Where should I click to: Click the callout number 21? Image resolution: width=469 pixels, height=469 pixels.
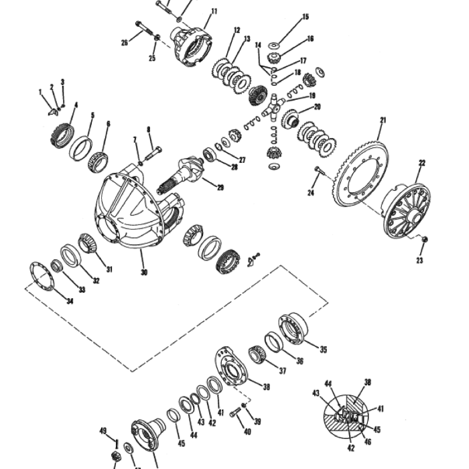click(383, 121)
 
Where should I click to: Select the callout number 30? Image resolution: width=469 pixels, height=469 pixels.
click(143, 273)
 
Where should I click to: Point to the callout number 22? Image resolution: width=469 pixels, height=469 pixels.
click(421, 163)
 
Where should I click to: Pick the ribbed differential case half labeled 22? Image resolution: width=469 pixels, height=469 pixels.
click(407, 211)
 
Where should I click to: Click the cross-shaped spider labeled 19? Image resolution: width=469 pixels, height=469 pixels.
click(275, 107)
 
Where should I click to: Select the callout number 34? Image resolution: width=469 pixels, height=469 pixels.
click(70, 300)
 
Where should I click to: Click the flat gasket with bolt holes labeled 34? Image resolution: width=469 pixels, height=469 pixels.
click(42, 276)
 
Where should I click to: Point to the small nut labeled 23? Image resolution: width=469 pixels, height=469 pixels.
click(424, 239)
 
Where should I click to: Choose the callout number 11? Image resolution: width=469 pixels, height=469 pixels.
click(214, 11)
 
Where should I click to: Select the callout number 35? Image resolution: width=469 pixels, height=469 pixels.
click(324, 349)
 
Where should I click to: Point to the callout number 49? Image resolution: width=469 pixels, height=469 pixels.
click(103, 431)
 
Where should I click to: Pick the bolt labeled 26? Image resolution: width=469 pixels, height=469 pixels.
click(144, 29)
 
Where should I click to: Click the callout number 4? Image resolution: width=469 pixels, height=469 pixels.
click(76, 105)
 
